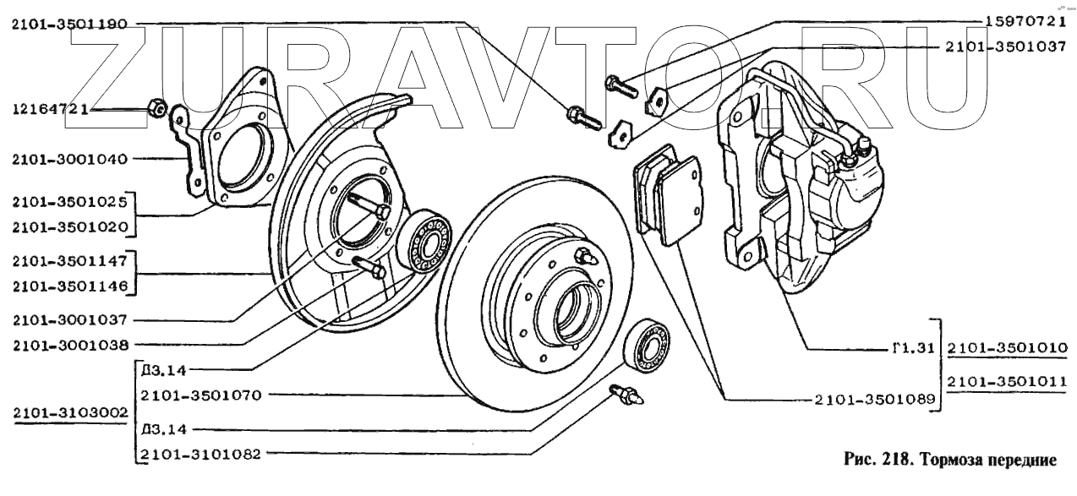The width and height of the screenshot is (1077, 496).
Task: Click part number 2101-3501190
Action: point(68,25)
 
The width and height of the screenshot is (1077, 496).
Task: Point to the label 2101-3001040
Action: point(68,158)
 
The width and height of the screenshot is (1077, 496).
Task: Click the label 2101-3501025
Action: point(68,203)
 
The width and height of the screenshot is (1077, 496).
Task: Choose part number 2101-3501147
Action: point(68,264)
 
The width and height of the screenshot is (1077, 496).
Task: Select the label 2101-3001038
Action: point(68,345)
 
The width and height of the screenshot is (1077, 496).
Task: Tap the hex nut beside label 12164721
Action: point(155,107)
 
